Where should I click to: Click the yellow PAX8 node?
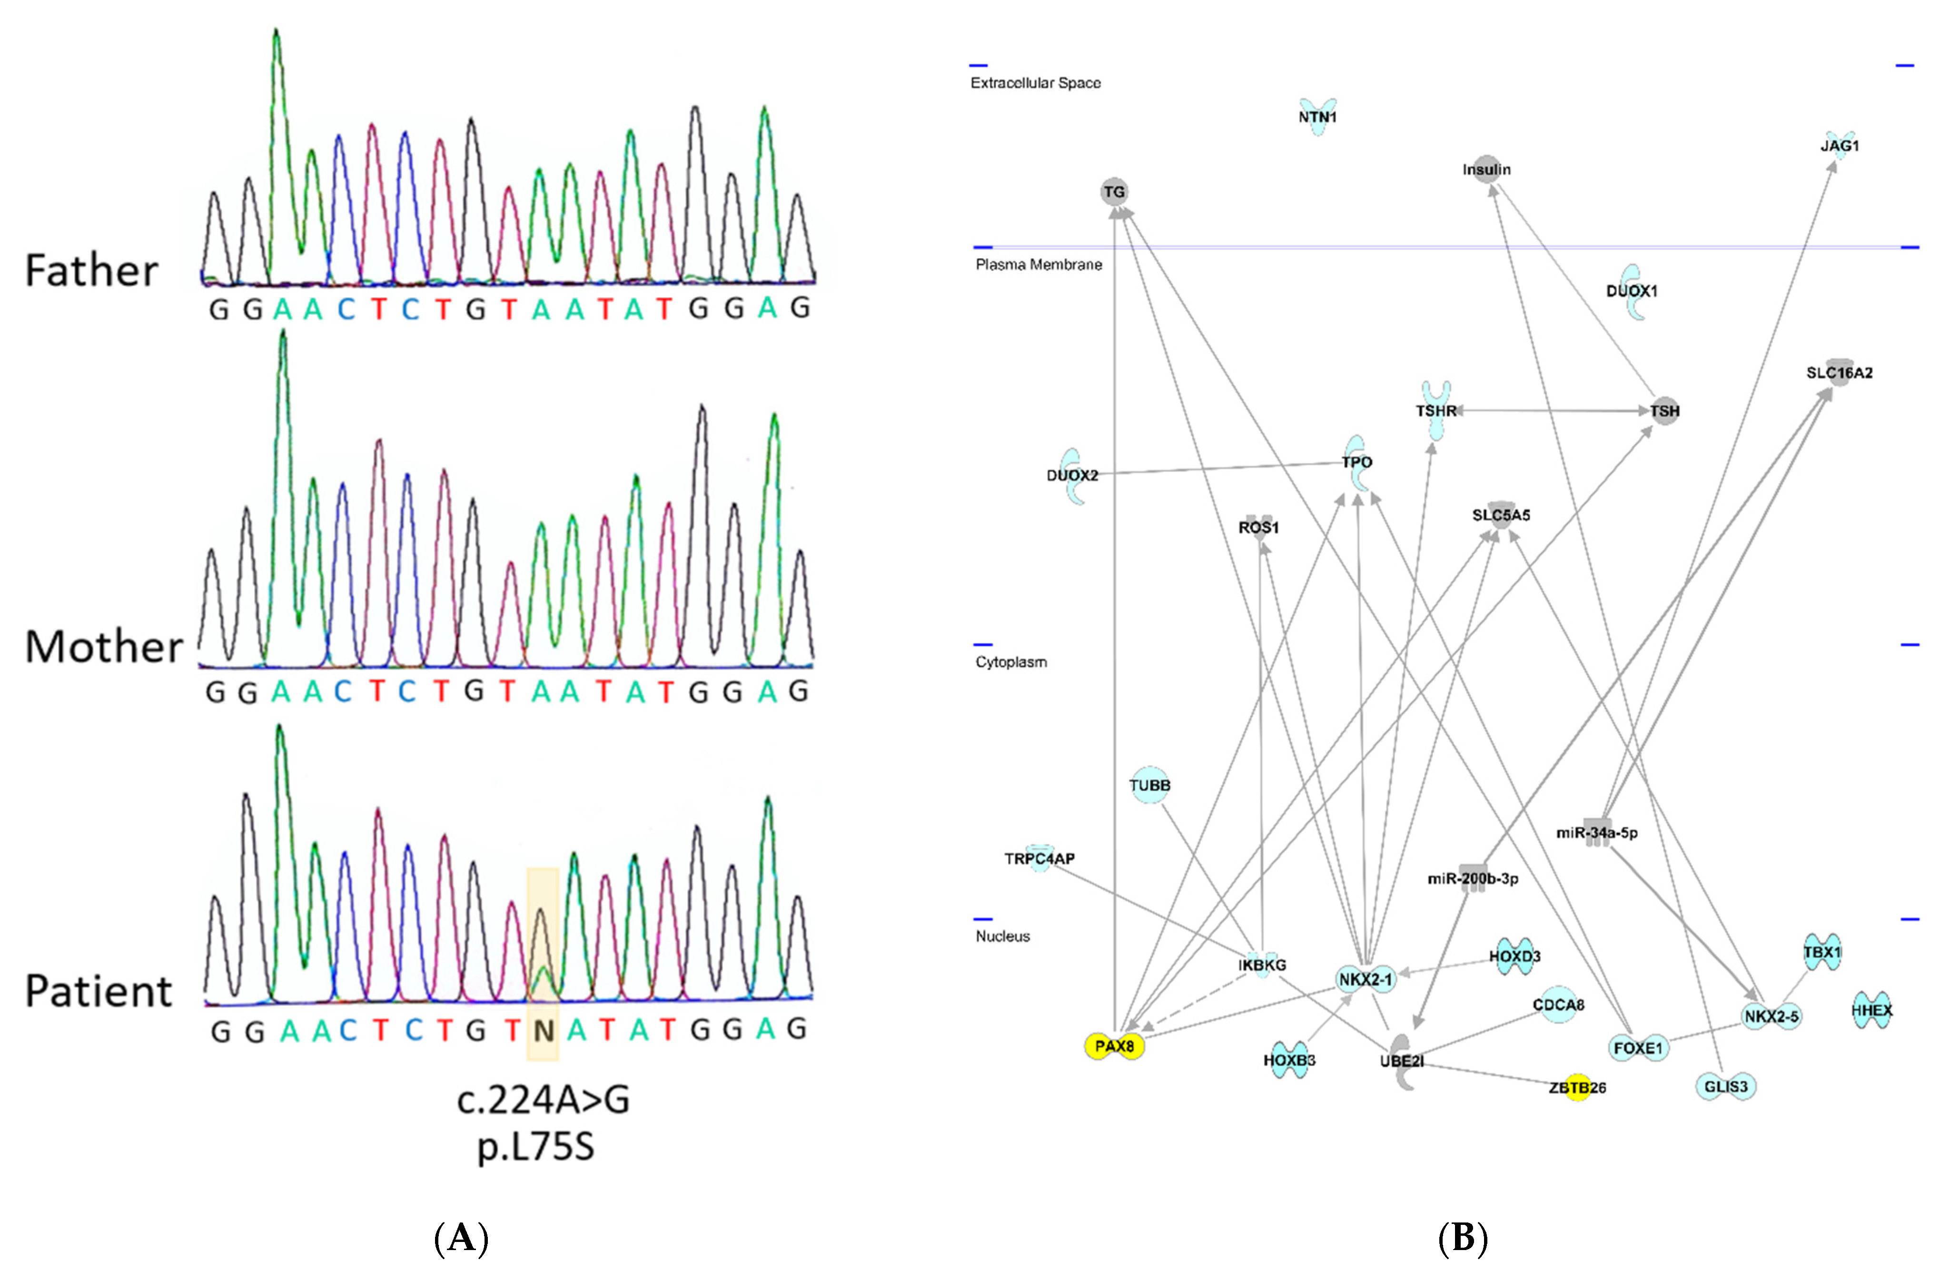(1114, 1046)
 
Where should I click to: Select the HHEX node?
(1871, 1010)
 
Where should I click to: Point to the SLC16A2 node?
(1839, 372)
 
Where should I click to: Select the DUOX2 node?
(1073, 475)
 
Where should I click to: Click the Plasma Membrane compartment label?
(1039, 265)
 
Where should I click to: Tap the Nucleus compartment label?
(1003, 936)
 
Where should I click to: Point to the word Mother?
(104, 647)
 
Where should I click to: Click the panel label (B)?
(1463, 1239)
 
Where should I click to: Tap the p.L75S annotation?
(535, 1146)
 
